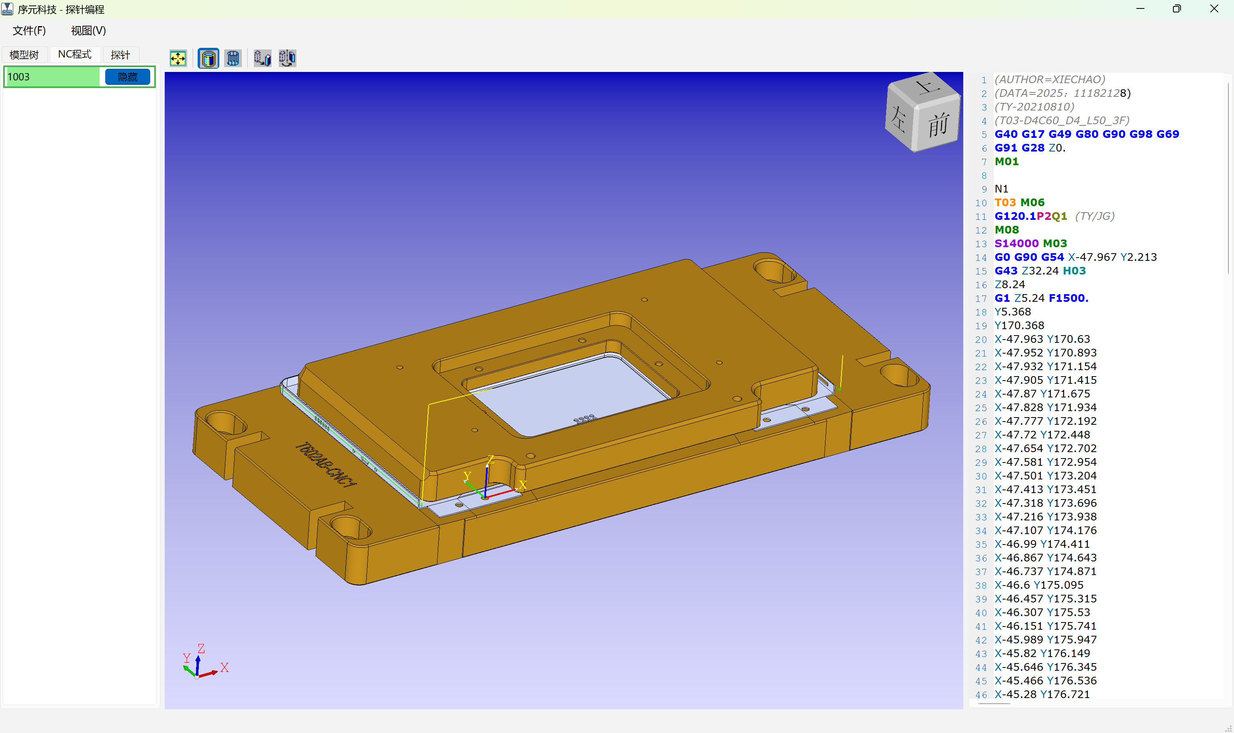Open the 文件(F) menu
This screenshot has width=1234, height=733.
[x=29, y=31]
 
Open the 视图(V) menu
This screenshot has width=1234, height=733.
[x=88, y=31]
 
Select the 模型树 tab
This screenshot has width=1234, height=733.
[x=24, y=54]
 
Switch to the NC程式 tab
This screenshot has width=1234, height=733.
[x=75, y=54]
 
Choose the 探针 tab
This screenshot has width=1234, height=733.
[x=121, y=54]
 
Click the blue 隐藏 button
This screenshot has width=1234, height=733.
[x=127, y=77]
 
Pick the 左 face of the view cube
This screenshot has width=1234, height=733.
[x=899, y=119]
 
